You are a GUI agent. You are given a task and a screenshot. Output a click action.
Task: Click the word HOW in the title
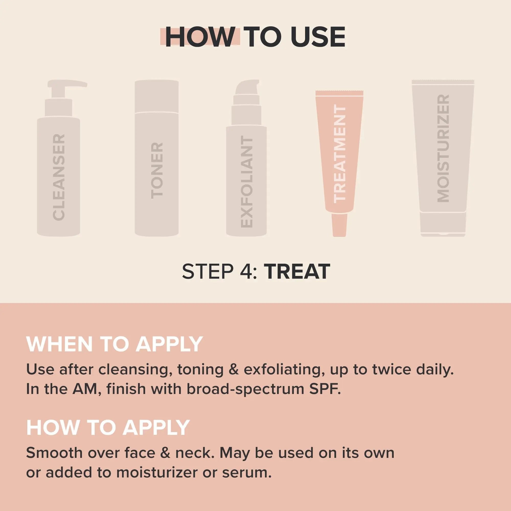point(200,37)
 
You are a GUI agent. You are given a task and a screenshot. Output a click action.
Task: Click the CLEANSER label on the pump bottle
point(59,177)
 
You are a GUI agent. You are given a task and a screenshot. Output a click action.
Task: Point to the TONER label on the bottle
point(157,171)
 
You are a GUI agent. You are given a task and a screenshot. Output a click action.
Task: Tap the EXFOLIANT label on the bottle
point(247,182)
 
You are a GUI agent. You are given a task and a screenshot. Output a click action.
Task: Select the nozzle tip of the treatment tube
point(339,225)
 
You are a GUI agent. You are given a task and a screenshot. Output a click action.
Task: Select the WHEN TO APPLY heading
point(114,344)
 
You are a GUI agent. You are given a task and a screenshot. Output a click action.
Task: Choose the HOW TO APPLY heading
point(108,427)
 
